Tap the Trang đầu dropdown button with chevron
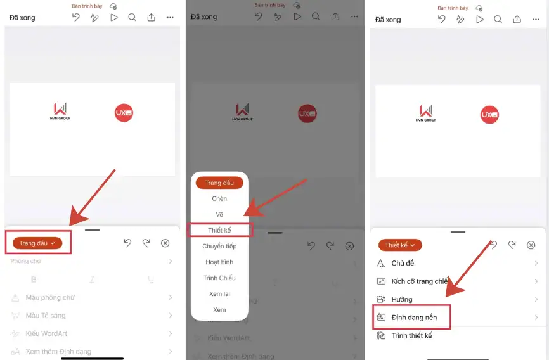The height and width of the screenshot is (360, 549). pos(37,243)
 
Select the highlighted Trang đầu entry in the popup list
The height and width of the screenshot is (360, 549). pos(219,183)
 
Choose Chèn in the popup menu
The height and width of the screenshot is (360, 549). pos(219,198)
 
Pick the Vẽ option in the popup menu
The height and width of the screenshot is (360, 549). pos(219,214)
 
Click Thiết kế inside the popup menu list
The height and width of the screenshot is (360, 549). pos(219,230)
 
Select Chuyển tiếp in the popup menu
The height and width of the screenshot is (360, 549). pos(219,246)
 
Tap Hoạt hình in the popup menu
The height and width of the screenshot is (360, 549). pos(219,262)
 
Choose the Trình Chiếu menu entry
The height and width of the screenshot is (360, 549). pos(219,278)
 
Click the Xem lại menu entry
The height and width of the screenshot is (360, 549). pos(219,294)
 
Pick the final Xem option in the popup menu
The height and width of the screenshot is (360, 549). pos(219,310)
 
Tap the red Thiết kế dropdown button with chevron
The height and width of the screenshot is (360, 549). pos(400,245)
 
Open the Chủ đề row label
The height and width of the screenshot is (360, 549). pos(403,264)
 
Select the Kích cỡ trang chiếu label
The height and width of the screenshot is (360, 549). pos(420,281)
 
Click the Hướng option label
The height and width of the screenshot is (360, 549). pos(402,299)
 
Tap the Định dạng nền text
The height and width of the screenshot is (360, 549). pos(414,317)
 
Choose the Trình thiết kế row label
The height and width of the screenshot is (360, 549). pos(411,335)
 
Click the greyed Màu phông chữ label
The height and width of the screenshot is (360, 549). pos(50,297)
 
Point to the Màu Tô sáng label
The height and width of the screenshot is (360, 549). pos(45,315)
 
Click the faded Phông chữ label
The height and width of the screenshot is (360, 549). pos(25,261)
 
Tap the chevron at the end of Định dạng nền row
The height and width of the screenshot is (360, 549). pos(536,317)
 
